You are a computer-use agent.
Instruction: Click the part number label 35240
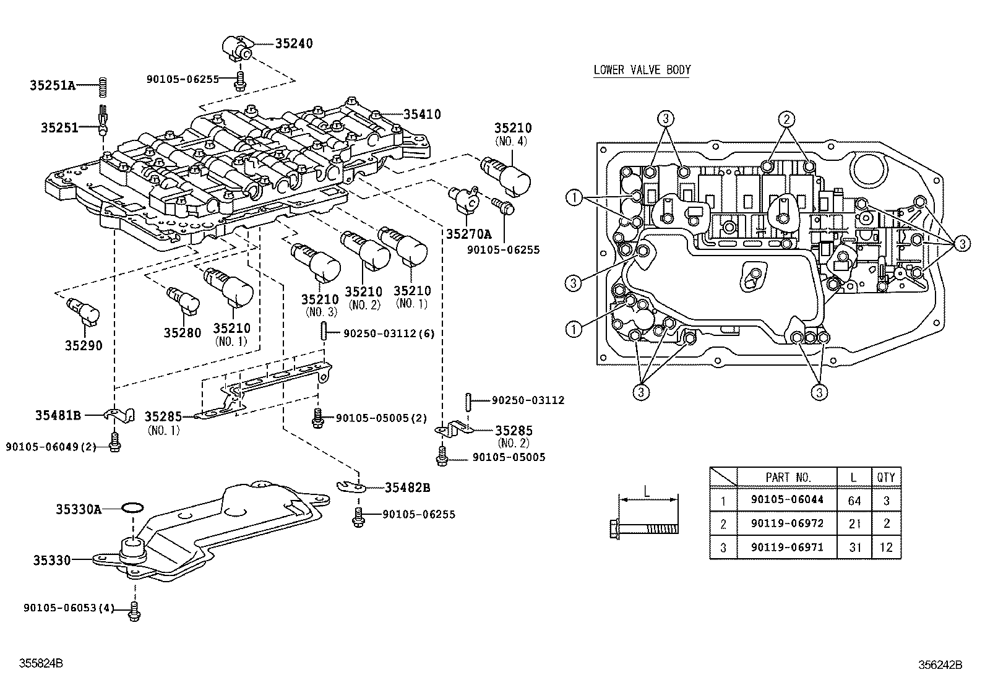[294, 43]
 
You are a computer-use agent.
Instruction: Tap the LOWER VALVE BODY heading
[642, 70]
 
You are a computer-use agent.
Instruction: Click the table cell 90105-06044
[787, 500]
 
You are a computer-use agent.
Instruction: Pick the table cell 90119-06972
[787, 523]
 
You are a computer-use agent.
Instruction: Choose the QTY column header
[886, 477]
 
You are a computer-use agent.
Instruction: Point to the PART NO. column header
[787, 477]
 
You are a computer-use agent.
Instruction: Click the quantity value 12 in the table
[886, 548]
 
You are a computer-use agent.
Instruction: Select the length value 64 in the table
[854, 500]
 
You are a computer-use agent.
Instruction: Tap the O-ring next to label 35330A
[132, 508]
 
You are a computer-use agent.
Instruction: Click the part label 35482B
[407, 488]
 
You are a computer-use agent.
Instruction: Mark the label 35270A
[468, 233]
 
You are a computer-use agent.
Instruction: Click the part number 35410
[422, 114]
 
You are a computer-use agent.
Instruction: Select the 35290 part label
[84, 345]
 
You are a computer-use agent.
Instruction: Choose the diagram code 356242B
[940, 665]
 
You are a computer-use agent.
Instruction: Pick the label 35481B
[58, 416]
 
